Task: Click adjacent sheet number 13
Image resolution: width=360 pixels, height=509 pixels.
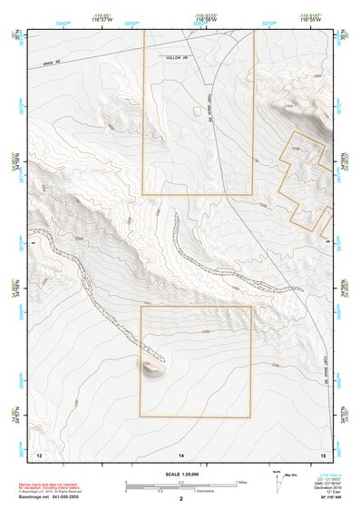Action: tap(39, 453)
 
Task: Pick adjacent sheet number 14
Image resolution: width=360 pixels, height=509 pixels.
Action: tap(181, 453)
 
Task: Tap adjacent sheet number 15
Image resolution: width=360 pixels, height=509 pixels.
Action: tap(322, 453)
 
